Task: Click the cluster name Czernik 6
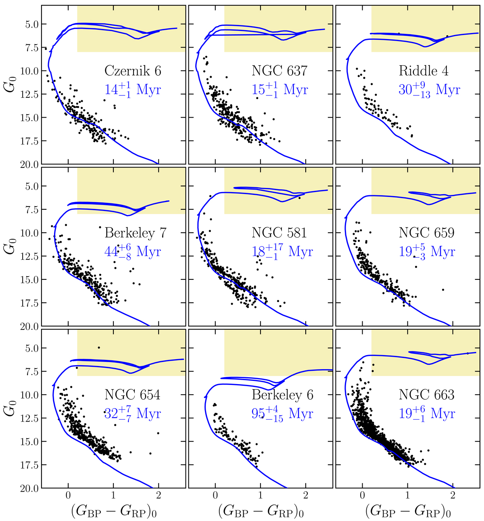coord(133,71)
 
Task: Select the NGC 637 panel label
coord(280,71)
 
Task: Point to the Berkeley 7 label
coord(136,233)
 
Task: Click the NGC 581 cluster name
coord(280,233)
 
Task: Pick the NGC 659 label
coord(427,233)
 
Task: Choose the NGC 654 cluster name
coord(133,395)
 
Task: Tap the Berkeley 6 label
coord(282,395)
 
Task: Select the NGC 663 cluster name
coord(427,395)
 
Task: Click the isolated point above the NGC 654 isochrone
coord(99,347)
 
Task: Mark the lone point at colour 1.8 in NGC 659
coord(443,289)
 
